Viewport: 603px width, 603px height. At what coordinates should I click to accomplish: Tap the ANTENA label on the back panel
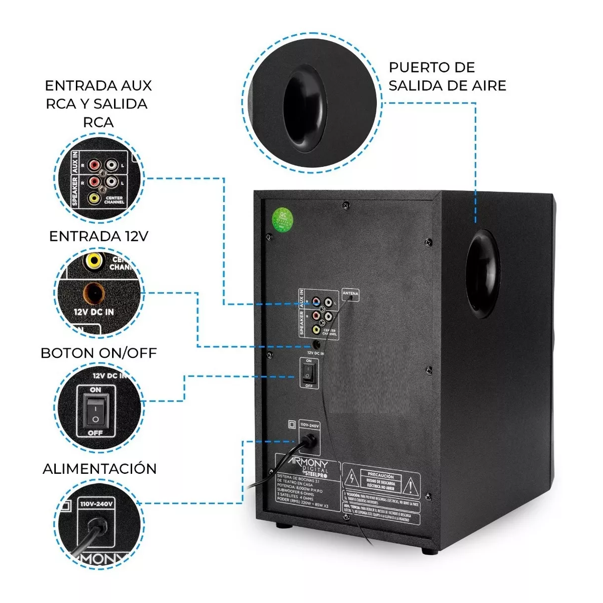[350, 293]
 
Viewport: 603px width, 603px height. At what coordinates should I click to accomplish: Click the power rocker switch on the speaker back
[309, 372]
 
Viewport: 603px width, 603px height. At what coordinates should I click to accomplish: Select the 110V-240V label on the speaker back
[309, 425]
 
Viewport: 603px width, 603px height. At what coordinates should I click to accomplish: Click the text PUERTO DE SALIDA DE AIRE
[447, 76]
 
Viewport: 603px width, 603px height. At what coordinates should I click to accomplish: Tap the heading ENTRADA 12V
[98, 236]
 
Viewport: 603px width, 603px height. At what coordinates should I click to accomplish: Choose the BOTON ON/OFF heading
[98, 353]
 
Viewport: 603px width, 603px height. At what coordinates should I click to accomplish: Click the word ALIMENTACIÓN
[99, 469]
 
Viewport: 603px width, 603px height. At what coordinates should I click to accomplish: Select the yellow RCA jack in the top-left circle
[94, 198]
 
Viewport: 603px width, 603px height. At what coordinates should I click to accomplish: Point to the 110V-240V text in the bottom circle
[96, 504]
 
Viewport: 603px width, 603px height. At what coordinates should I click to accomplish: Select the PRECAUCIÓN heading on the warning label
[380, 475]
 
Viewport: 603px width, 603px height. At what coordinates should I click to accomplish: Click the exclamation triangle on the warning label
[411, 486]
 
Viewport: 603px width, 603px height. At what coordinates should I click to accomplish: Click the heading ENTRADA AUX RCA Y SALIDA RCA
[98, 104]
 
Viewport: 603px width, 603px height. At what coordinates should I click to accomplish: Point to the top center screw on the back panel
[345, 204]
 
